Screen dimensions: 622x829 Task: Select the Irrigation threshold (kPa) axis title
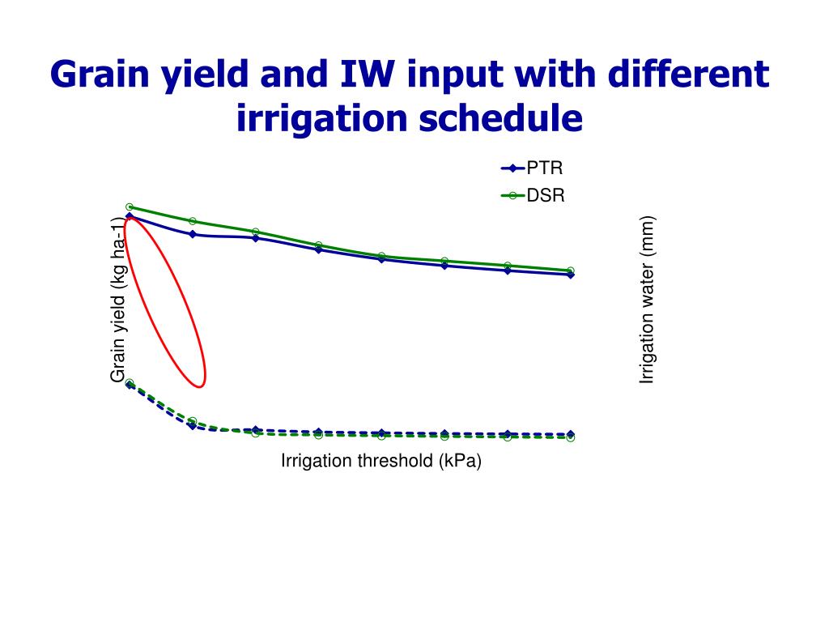coord(380,462)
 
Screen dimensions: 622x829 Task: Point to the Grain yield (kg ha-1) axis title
coord(119,300)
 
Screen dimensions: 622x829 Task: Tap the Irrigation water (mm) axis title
coord(646,300)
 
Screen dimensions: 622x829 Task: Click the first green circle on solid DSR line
coord(130,207)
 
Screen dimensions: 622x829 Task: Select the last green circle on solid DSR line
coord(571,271)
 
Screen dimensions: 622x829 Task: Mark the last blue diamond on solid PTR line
coord(571,275)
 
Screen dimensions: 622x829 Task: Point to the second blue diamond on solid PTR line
coord(193,234)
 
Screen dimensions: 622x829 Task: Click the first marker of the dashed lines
coord(130,384)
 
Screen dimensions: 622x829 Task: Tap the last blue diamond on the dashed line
coord(571,434)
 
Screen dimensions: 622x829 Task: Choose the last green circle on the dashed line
coord(571,438)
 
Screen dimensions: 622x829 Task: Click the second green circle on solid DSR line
coord(193,220)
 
